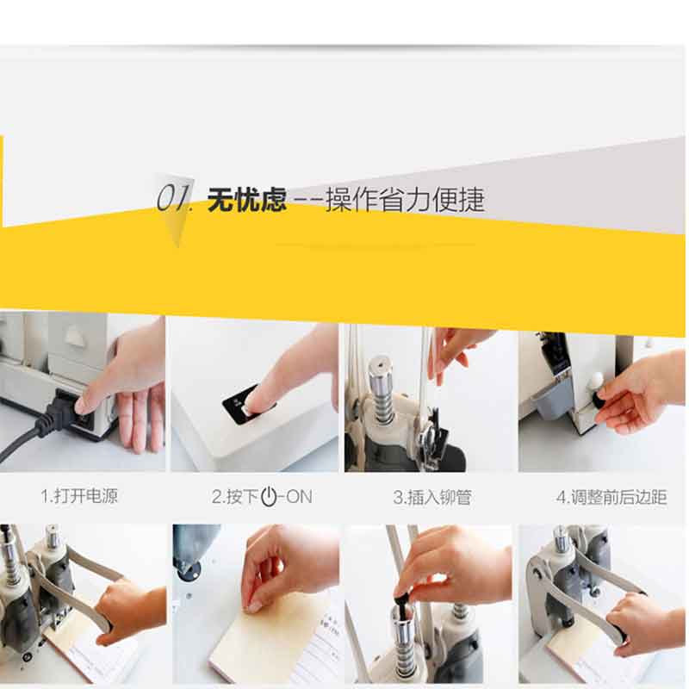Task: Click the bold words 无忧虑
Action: tap(246, 200)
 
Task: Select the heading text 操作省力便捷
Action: tap(405, 200)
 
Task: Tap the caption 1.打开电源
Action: tap(79, 496)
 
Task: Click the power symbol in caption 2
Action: tap(269, 497)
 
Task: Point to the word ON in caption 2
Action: tap(299, 497)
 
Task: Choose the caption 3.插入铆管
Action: tap(432, 498)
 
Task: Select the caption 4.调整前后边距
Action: tap(611, 498)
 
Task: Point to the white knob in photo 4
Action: tap(596, 379)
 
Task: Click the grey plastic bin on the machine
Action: tap(551, 398)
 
